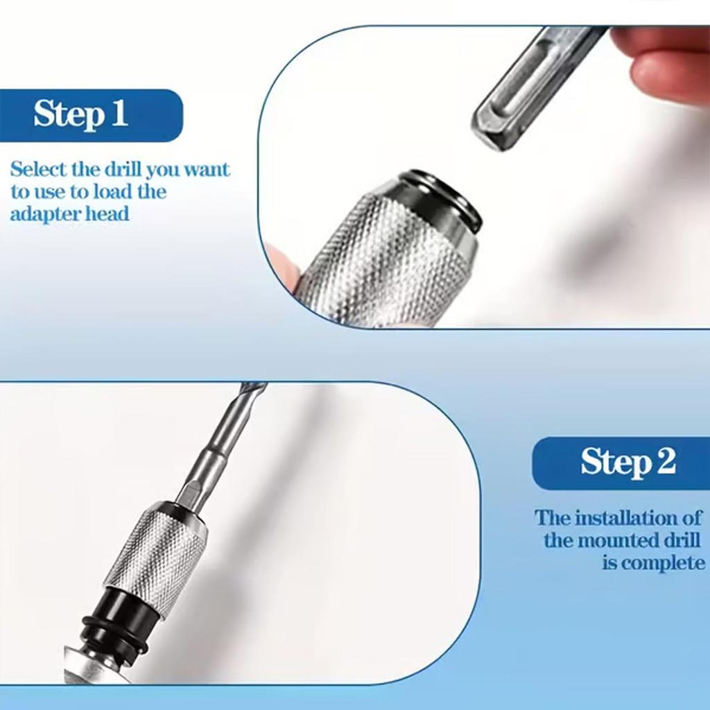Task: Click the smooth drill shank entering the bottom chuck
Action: coord(208,471)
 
